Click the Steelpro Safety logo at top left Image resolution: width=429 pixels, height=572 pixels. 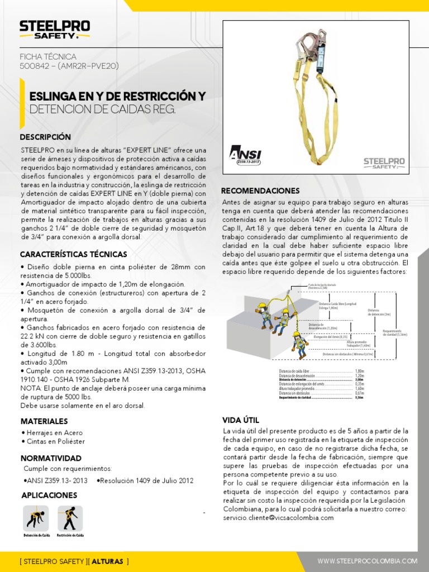[x=54, y=30]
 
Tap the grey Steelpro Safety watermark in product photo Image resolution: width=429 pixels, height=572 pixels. [x=384, y=163]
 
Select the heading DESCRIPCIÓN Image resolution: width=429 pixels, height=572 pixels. [x=45, y=137]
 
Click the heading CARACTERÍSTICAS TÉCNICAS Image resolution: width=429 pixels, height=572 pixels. [x=73, y=254]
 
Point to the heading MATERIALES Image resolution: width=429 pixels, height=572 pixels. [x=44, y=421]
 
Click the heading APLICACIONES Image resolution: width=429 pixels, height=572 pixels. [x=49, y=495]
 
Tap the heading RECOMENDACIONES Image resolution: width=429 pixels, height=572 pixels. [x=260, y=190]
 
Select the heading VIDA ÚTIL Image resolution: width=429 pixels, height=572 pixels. [x=241, y=420]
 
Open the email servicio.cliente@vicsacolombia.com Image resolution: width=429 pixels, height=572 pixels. [x=278, y=518]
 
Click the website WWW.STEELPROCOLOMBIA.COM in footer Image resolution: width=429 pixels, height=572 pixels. [x=367, y=561]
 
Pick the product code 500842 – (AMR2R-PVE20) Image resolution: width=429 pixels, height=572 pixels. [x=69, y=66]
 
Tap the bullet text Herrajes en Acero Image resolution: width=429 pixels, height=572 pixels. [x=52, y=432]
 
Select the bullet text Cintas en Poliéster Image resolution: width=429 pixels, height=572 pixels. [x=53, y=441]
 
